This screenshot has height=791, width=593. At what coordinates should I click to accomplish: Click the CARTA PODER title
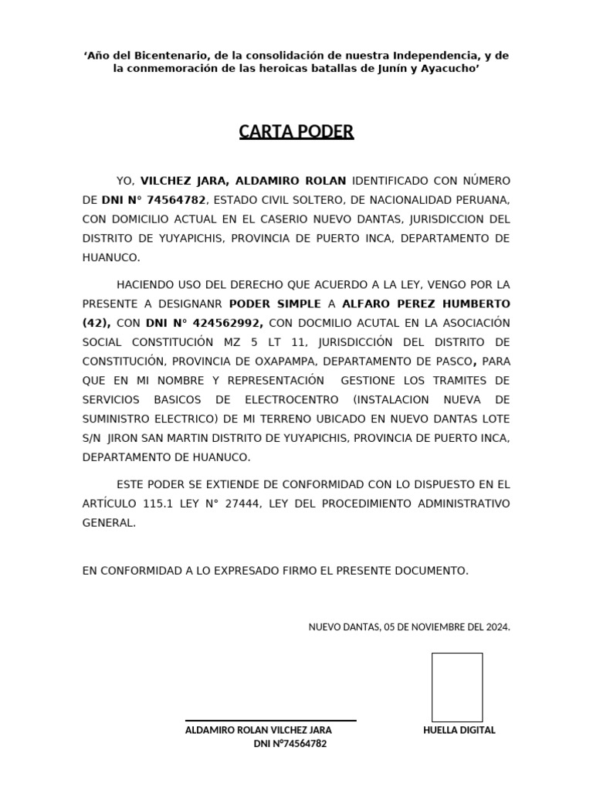tap(296, 131)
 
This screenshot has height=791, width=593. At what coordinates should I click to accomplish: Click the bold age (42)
tap(97, 323)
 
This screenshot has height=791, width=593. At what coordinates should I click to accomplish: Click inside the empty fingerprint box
tap(457, 687)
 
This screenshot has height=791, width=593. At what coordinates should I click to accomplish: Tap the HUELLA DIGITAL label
tap(459, 730)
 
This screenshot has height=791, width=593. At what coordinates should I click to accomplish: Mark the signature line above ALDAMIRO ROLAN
tap(270, 721)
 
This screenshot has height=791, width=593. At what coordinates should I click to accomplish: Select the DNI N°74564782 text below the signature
tap(290, 744)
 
